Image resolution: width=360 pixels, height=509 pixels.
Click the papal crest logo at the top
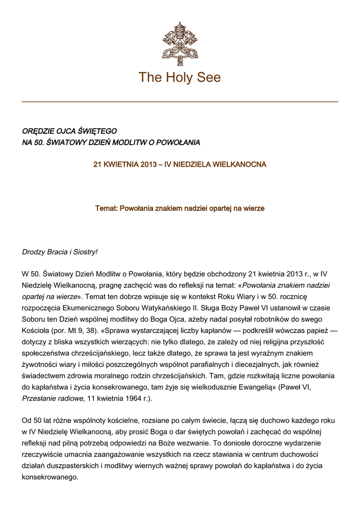click(180, 43)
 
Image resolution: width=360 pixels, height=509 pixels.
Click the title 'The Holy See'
click(180, 78)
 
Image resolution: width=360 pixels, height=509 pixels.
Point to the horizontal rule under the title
click(180, 102)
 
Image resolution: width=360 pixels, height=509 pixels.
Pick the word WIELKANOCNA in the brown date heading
click(240, 164)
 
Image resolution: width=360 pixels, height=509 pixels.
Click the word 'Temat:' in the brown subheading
click(106, 208)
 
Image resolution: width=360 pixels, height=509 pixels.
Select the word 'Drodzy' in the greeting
click(33, 252)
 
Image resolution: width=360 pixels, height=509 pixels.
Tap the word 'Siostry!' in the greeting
click(85, 252)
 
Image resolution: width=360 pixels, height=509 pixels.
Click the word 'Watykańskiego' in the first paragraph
click(151, 308)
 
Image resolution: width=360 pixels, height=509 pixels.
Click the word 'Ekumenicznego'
click(87, 308)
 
